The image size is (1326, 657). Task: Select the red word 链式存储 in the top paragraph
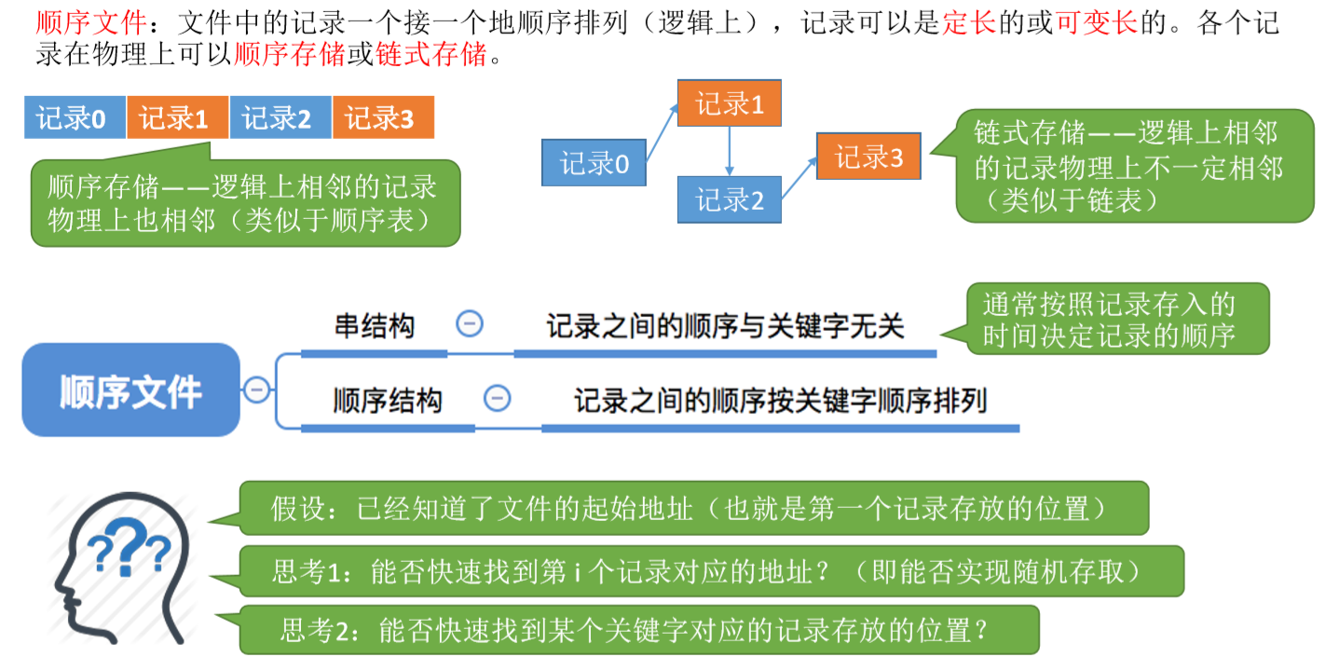(431, 55)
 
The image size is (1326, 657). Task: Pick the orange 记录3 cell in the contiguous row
(382, 118)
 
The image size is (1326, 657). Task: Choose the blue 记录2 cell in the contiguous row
(280, 118)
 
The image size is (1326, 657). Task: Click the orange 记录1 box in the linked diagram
(730, 103)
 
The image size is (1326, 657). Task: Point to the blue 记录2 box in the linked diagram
(730, 198)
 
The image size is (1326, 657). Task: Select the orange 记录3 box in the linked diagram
(868, 157)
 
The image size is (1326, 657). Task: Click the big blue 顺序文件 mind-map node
(130, 390)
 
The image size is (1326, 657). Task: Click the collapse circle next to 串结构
(470, 324)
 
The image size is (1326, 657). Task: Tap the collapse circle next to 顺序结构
(498, 398)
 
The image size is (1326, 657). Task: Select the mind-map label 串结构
(375, 326)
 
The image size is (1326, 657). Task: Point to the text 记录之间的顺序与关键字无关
(725, 326)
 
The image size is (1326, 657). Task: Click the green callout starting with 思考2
(638, 630)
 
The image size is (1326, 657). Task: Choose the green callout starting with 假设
(693, 509)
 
